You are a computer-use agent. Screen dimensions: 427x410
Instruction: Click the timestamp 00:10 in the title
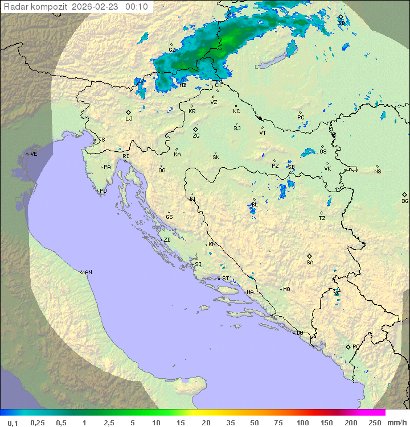[x=137, y=7]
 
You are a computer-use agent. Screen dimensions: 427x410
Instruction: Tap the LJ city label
[x=129, y=119]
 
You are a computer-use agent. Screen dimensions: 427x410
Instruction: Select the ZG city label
[x=196, y=136]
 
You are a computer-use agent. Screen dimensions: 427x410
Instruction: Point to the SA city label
[x=310, y=263]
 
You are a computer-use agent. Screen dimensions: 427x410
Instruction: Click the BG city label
[x=405, y=201]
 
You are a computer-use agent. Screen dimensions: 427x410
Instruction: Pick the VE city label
[x=34, y=154]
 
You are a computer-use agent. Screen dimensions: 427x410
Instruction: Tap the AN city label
[x=88, y=272]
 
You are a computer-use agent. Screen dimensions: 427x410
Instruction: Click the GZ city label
[x=172, y=50]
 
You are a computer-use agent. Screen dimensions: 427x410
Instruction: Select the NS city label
[x=378, y=172]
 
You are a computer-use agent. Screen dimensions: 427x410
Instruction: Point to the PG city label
[x=356, y=347]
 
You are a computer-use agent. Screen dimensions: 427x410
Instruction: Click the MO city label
[x=286, y=289]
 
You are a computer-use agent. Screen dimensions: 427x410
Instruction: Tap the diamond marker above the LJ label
[x=129, y=112]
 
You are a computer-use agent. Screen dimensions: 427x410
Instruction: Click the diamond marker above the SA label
[x=310, y=256]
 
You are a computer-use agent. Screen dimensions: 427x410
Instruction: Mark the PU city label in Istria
[x=103, y=191]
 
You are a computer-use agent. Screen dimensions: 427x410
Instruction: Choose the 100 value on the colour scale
[x=303, y=422]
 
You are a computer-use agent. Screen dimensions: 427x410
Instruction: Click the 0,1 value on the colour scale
[x=13, y=422]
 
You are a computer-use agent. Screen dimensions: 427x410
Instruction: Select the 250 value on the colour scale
[x=375, y=422]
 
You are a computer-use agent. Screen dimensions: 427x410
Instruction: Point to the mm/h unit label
[x=396, y=422]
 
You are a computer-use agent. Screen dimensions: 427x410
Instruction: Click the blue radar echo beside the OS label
[x=309, y=152]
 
